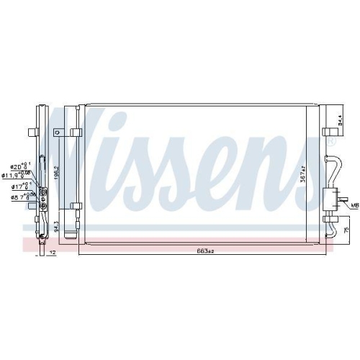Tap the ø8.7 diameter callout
pos(17,196)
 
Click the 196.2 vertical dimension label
pos(56,173)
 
